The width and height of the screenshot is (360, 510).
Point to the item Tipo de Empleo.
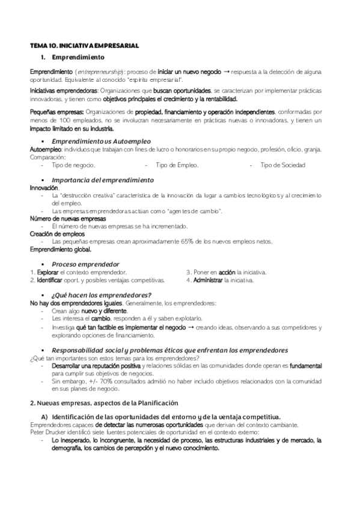(177, 165)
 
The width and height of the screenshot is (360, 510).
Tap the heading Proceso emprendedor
(85, 264)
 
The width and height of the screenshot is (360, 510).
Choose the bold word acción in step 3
(227, 272)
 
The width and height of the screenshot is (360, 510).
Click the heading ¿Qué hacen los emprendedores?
(101, 295)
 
